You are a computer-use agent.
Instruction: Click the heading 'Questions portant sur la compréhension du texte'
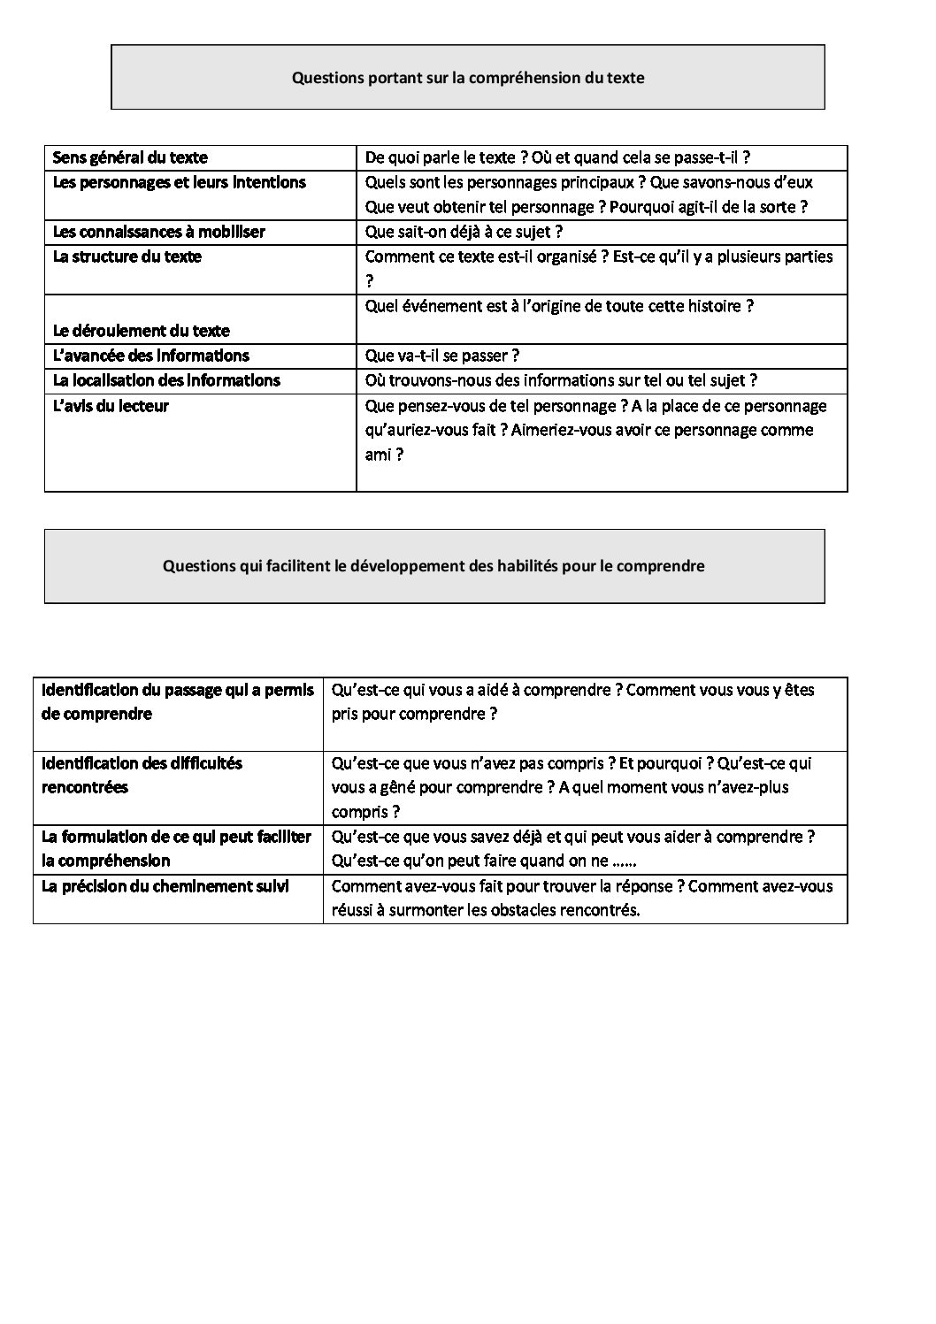(x=468, y=78)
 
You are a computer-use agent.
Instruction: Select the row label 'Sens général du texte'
(x=130, y=158)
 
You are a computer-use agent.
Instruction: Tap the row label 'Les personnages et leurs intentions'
(x=180, y=183)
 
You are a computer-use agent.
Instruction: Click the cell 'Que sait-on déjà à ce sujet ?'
(x=464, y=233)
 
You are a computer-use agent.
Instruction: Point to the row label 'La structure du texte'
(x=127, y=257)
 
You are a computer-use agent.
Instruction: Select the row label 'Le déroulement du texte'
(x=142, y=332)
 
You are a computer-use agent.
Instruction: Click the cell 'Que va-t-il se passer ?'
(x=441, y=356)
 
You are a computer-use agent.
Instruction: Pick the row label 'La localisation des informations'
(x=166, y=381)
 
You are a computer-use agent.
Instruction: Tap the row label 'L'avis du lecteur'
(x=111, y=407)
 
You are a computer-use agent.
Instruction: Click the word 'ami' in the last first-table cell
(x=378, y=455)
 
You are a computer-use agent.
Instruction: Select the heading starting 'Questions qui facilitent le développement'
(x=433, y=566)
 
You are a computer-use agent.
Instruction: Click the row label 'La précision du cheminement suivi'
(x=165, y=886)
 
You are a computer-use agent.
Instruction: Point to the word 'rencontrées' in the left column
(x=85, y=788)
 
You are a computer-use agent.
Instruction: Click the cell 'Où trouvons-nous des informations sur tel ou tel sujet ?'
(x=561, y=381)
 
